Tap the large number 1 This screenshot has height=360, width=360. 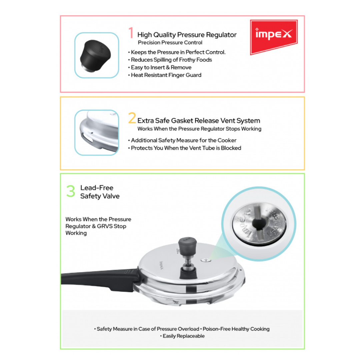point(131,33)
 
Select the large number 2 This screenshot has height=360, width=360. point(132,119)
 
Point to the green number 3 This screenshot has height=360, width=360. point(71,191)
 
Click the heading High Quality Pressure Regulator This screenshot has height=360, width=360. point(187,35)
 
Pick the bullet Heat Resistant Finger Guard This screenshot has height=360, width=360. point(166,75)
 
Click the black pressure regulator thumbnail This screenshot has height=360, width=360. point(97,55)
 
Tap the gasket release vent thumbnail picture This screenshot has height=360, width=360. point(97,133)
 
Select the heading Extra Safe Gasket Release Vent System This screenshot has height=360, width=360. point(199,121)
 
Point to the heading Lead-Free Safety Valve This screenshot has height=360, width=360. point(100,192)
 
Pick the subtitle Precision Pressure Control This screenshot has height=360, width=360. point(170,43)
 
